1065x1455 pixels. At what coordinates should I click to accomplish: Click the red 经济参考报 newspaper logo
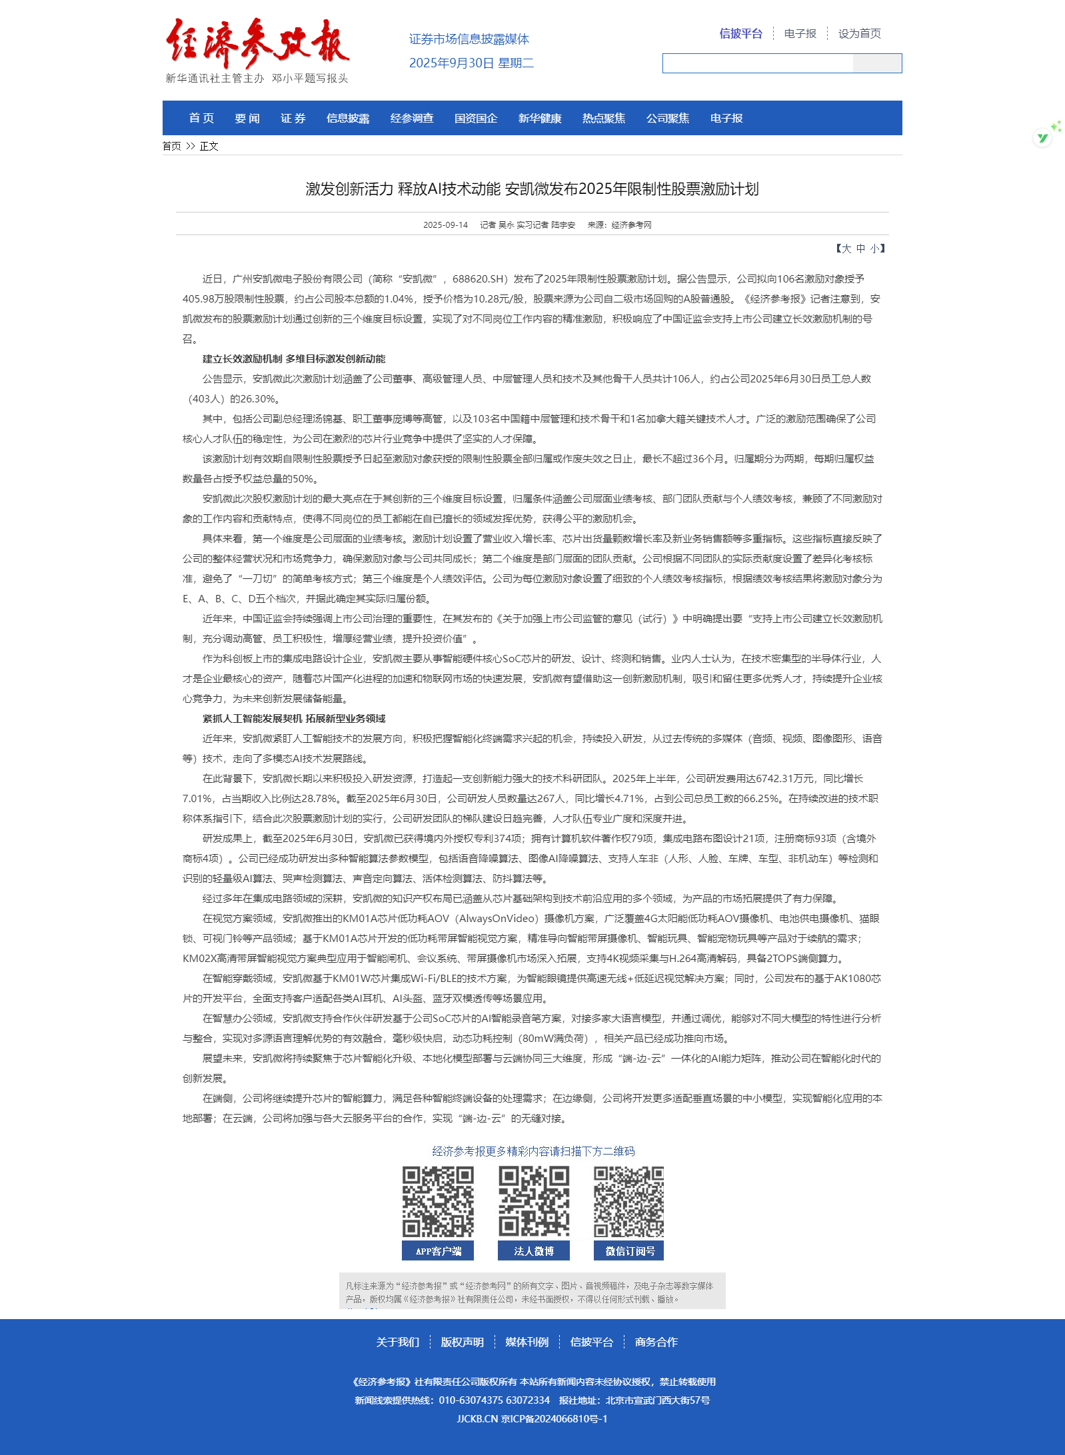(x=257, y=43)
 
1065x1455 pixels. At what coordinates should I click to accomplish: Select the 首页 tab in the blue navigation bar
(x=201, y=118)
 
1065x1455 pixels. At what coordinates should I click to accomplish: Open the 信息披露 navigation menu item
(x=347, y=118)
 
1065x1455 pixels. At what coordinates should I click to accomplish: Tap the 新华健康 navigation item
(x=539, y=118)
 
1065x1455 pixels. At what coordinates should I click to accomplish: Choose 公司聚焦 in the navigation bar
(x=667, y=118)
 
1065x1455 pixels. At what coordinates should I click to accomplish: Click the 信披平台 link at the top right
(x=740, y=33)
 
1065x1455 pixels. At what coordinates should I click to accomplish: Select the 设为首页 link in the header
(x=859, y=33)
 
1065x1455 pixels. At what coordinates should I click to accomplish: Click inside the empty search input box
(x=757, y=63)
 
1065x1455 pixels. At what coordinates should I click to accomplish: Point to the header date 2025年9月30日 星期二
(x=471, y=63)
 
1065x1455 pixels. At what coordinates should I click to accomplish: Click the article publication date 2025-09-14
(x=445, y=225)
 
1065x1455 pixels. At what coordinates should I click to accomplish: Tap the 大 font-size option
(x=846, y=248)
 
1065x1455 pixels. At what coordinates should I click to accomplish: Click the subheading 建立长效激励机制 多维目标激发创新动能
(x=294, y=359)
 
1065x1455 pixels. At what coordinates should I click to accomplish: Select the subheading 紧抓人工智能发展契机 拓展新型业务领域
(x=294, y=719)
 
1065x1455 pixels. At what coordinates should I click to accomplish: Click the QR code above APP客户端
(x=438, y=1202)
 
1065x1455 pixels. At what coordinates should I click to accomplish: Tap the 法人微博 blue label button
(x=533, y=1251)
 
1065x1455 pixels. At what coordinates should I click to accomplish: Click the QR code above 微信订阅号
(x=628, y=1202)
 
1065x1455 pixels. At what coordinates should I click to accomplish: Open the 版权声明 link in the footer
(x=462, y=1342)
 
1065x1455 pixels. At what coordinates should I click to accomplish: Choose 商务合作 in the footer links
(x=656, y=1342)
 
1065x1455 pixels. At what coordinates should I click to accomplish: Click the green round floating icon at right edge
(x=1042, y=138)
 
